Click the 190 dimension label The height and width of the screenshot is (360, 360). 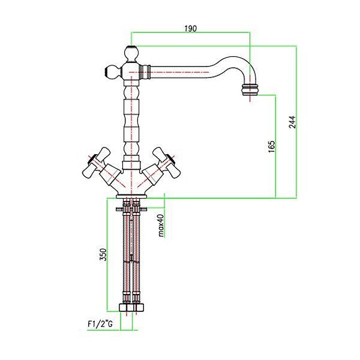point(191,28)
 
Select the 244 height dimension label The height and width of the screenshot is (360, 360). point(292,122)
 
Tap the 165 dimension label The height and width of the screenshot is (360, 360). point(271,146)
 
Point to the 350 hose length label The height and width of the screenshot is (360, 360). point(103,254)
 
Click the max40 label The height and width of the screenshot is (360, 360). point(161,225)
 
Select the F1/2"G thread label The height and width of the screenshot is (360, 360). point(100,324)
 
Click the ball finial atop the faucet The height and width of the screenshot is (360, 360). point(131,54)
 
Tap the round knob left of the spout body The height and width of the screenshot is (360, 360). point(113,71)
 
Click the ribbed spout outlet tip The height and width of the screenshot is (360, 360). point(250,90)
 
